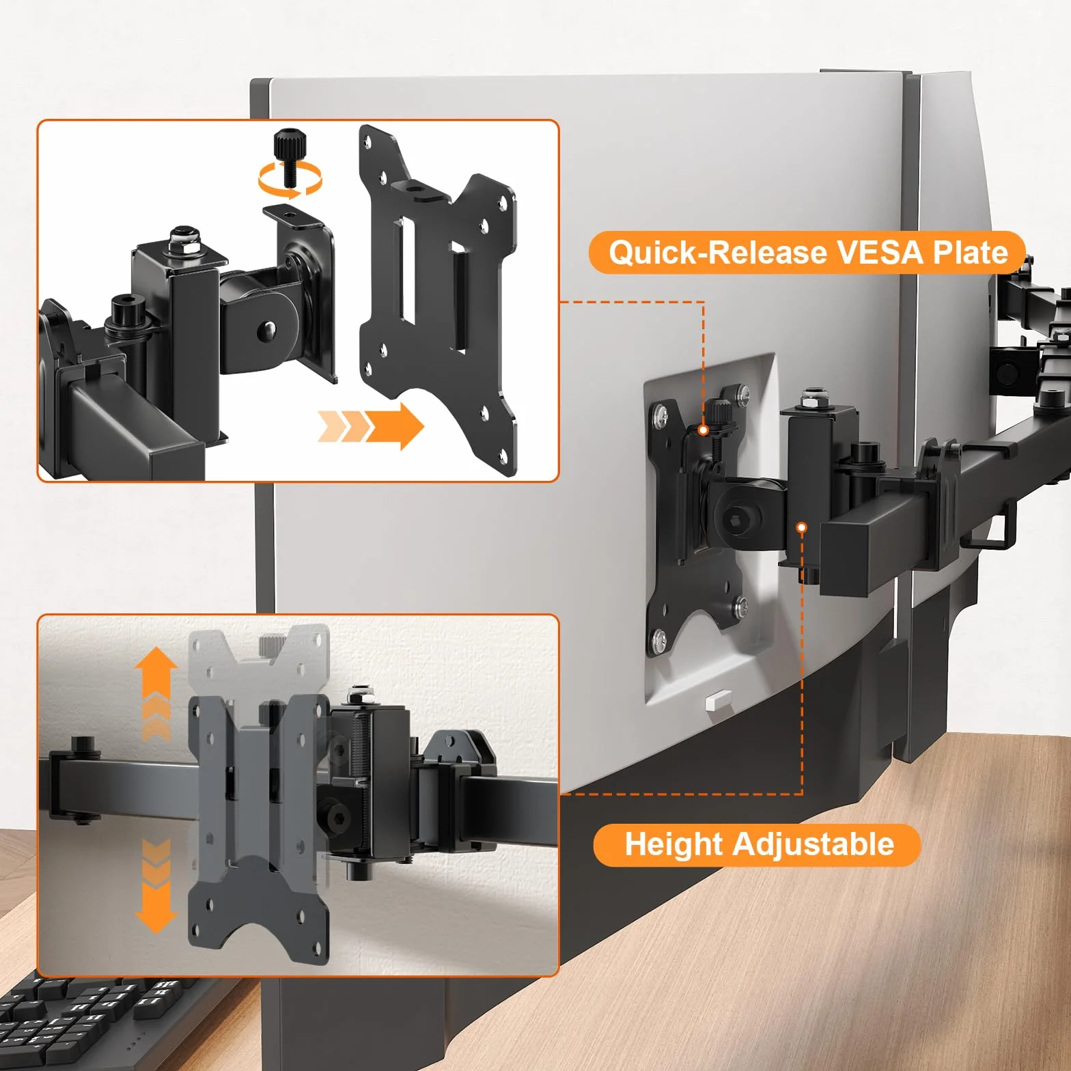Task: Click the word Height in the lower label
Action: pos(673,845)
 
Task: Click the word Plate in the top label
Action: pos(970,252)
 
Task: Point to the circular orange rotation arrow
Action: pos(290,179)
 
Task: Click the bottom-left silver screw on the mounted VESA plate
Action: pos(660,639)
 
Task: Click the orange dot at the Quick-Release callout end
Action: pos(703,430)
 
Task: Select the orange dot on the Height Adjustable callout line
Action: pos(802,527)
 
